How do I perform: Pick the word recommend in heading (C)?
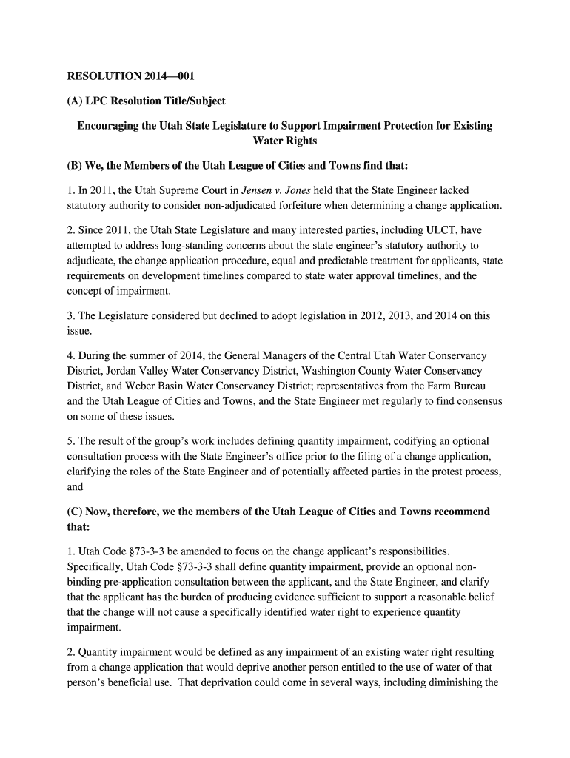461,512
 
